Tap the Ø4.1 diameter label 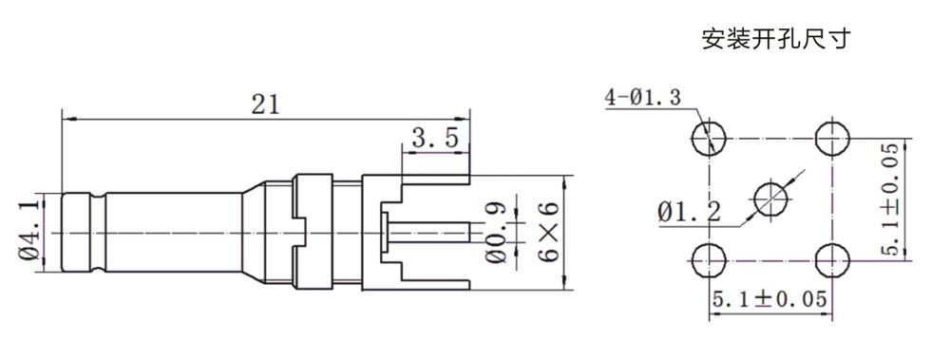tap(29, 231)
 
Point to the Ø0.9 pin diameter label tap(496, 233)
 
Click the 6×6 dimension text tap(548, 232)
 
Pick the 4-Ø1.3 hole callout tap(643, 98)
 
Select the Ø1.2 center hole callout tap(690, 213)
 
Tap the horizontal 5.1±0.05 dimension tap(769, 299)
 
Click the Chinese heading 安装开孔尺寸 tap(776, 39)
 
